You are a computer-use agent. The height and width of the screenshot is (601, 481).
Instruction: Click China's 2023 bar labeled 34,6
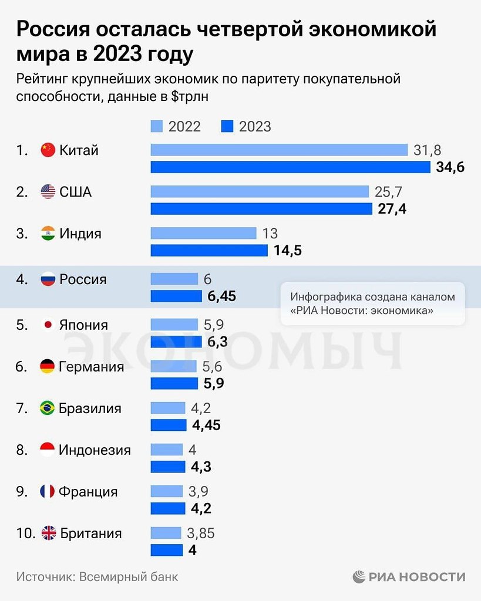click(291, 167)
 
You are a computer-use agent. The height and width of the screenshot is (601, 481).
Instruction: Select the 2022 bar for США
click(260, 191)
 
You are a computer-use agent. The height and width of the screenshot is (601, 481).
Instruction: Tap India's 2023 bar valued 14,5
click(209, 251)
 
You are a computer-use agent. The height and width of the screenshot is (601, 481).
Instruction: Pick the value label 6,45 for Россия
click(222, 296)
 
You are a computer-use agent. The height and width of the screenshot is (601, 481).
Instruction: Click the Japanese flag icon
click(48, 325)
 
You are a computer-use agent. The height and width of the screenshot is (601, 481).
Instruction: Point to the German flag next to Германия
click(48, 367)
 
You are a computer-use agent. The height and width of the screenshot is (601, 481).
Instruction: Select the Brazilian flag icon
click(48, 408)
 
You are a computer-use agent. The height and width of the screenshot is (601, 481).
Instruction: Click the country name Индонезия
click(95, 450)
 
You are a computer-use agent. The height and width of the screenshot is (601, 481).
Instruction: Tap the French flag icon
click(48, 492)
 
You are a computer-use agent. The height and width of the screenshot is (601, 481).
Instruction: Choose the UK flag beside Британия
click(48, 534)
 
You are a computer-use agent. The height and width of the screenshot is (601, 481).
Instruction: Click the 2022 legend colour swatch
click(157, 126)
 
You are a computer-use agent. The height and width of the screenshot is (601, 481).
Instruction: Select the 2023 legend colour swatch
click(227, 126)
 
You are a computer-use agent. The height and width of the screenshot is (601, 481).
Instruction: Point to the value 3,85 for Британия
click(201, 534)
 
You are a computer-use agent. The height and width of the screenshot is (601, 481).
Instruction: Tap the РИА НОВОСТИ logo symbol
click(359, 577)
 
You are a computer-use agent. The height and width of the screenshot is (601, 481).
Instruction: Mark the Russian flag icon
click(48, 279)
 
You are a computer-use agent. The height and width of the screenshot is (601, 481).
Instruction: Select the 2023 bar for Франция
click(167, 508)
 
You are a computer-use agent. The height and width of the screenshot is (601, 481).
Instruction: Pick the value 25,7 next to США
click(388, 191)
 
